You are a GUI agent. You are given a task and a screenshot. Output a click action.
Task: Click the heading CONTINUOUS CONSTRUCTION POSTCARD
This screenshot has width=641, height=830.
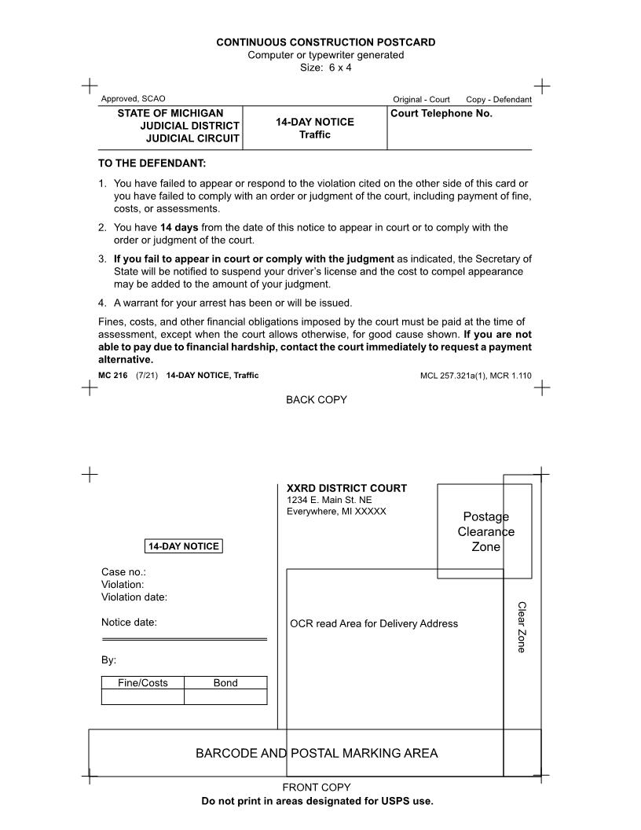[325, 42]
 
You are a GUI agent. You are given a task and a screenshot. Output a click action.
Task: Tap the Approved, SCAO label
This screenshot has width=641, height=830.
[133, 99]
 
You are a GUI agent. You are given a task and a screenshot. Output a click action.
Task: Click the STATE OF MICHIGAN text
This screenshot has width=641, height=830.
[170, 113]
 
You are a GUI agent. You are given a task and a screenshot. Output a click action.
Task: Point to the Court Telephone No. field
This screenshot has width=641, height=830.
[441, 113]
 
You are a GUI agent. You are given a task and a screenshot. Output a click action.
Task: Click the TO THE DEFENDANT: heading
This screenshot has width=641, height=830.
[152, 163]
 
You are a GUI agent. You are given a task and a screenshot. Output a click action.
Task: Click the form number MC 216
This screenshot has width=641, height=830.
[113, 376]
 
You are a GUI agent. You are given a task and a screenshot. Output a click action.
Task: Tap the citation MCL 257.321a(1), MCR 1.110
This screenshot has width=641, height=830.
[475, 376]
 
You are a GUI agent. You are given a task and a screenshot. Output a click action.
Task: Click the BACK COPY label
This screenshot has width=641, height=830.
[316, 400]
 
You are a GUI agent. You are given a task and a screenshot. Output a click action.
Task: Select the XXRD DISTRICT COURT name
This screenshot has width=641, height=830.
[346, 488]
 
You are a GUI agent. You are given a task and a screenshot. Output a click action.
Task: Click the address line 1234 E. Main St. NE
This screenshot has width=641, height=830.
[329, 500]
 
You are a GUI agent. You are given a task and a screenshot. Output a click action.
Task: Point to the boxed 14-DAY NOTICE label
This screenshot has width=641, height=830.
[184, 546]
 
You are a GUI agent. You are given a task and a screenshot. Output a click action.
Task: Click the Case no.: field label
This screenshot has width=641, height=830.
[123, 572]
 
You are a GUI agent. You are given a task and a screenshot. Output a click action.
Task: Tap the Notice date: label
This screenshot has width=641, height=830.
[129, 622]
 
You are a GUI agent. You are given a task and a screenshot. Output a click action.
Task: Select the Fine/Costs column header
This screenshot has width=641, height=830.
[143, 683]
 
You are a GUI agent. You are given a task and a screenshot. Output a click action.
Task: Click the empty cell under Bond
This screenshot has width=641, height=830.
[225, 697]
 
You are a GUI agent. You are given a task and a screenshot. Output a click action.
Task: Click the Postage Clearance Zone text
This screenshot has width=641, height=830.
[485, 531]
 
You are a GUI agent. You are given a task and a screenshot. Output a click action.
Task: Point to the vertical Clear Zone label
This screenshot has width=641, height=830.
[521, 626]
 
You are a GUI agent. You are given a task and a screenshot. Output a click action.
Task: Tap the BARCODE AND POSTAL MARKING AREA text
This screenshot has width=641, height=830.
[317, 753]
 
